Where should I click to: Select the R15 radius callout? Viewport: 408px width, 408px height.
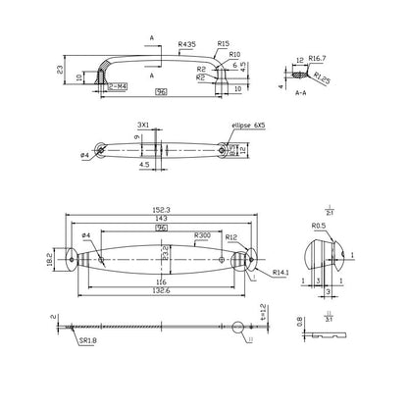tap(224, 44)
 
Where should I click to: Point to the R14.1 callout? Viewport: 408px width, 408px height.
tap(280, 272)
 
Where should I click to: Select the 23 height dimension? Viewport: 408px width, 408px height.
tap(62, 70)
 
